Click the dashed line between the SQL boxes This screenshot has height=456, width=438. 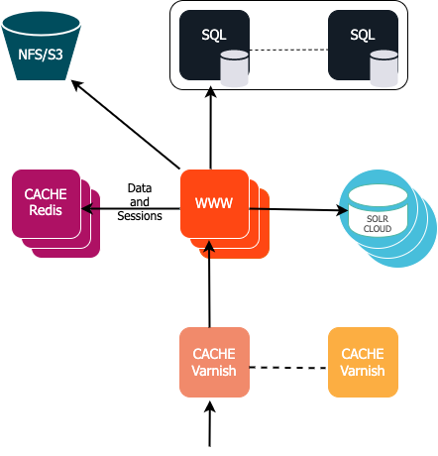tap(287, 51)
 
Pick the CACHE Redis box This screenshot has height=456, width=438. tap(47, 203)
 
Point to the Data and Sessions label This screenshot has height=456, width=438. tap(139, 201)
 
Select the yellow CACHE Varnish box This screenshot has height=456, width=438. tap(363, 363)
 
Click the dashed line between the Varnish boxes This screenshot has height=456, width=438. tap(287, 368)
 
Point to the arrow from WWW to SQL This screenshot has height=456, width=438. tap(211, 129)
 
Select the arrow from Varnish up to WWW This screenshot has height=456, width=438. tap(209, 287)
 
